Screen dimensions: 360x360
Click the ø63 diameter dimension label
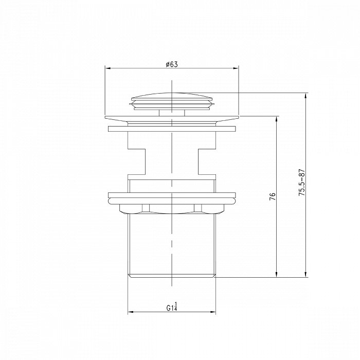click(x=172, y=64)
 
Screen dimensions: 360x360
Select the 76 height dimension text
click(x=272, y=196)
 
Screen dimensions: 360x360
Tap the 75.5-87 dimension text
click(x=301, y=183)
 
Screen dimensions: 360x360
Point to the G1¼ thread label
click(x=172, y=307)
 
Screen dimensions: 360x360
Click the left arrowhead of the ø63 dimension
click(x=107, y=68)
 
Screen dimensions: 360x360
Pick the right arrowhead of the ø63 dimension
click(x=236, y=68)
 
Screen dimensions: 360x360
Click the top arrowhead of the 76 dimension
click(x=277, y=119)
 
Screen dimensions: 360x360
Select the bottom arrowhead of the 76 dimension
click(x=277, y=274)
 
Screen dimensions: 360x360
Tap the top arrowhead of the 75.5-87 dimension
click(x=305, y=96)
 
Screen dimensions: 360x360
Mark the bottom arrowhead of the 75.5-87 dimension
click(x=305, y=274)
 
